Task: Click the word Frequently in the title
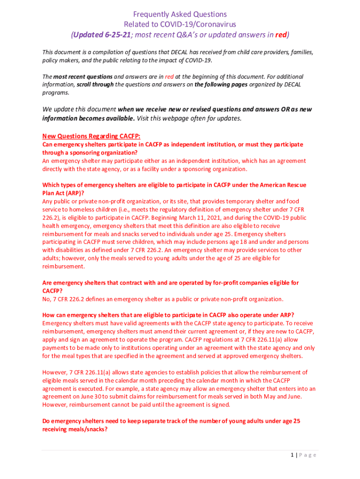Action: coord(150,15)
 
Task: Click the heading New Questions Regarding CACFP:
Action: coord(91,136)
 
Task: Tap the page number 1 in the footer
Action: coord(292,455)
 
